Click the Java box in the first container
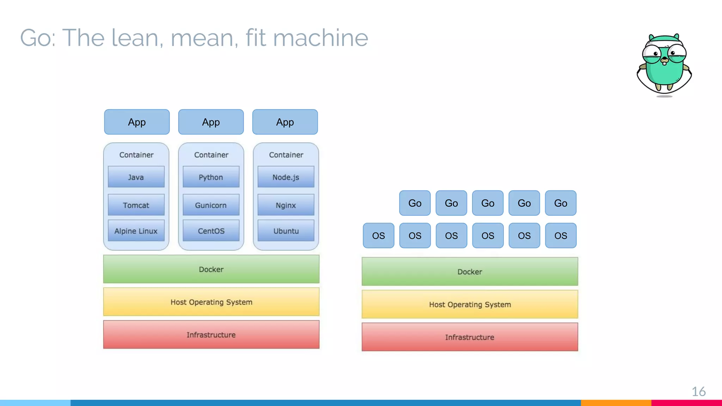pyautogui.click(x=136, y=177)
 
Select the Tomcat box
pyautogui.click(x=136, y=205)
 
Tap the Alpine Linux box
pyautogui.click(x=136, y=231)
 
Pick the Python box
pyautogui.click(x=211, y=177)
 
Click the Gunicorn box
pyautogui.click(x=211, y=205)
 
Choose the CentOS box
pyautogui.click(x=211, y=231)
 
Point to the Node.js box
pyautogui.click(x=286, y=177)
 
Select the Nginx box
pyautogui.click(x=286, y=205)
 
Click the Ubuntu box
pyautogui.click(x=286, y=231)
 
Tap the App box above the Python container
pyautogui.click(x=211, y=122)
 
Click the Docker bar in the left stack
pyautogui.click(x=211, y=269)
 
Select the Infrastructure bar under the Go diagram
pyautogui.click(x=470, y=337)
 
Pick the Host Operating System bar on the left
pyautogui.click(x=211, y=302)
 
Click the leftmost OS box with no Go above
pyautogui.click(x=378, y=235)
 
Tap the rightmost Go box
pyautogui.click(x=561, y=203)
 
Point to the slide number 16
pyautogui.click(x=698, y=392)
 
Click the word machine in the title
pyautogui.click(x=320, y=38)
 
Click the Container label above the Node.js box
pyautogui.click(x=286, y=155)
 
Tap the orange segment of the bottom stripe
pyautogui.click(x=616, y=402)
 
